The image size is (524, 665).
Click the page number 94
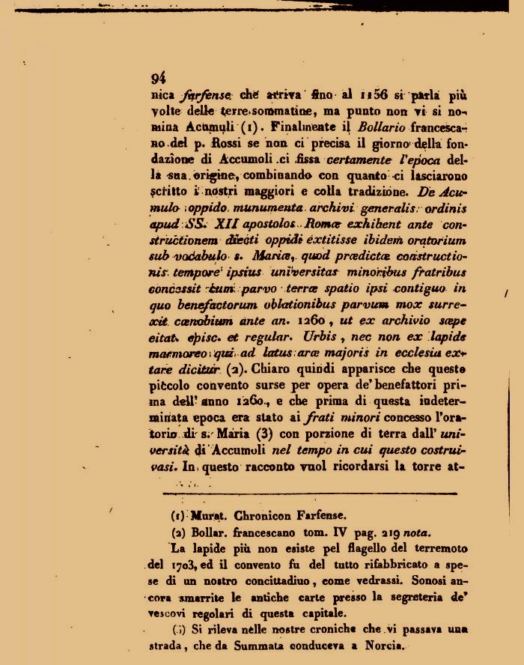tap(158, 78)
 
